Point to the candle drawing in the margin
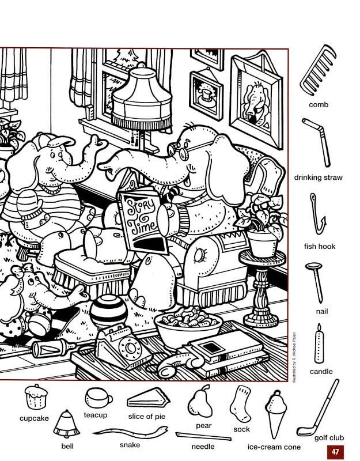[319, 344]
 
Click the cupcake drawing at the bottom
[36, 396]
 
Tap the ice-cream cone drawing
[276, 413]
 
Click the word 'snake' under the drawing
[130, 445]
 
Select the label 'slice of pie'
[147, 416]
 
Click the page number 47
[335, 451]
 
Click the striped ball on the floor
[108, 312]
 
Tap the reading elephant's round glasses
[178, 150]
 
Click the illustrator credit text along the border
[294, 357]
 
